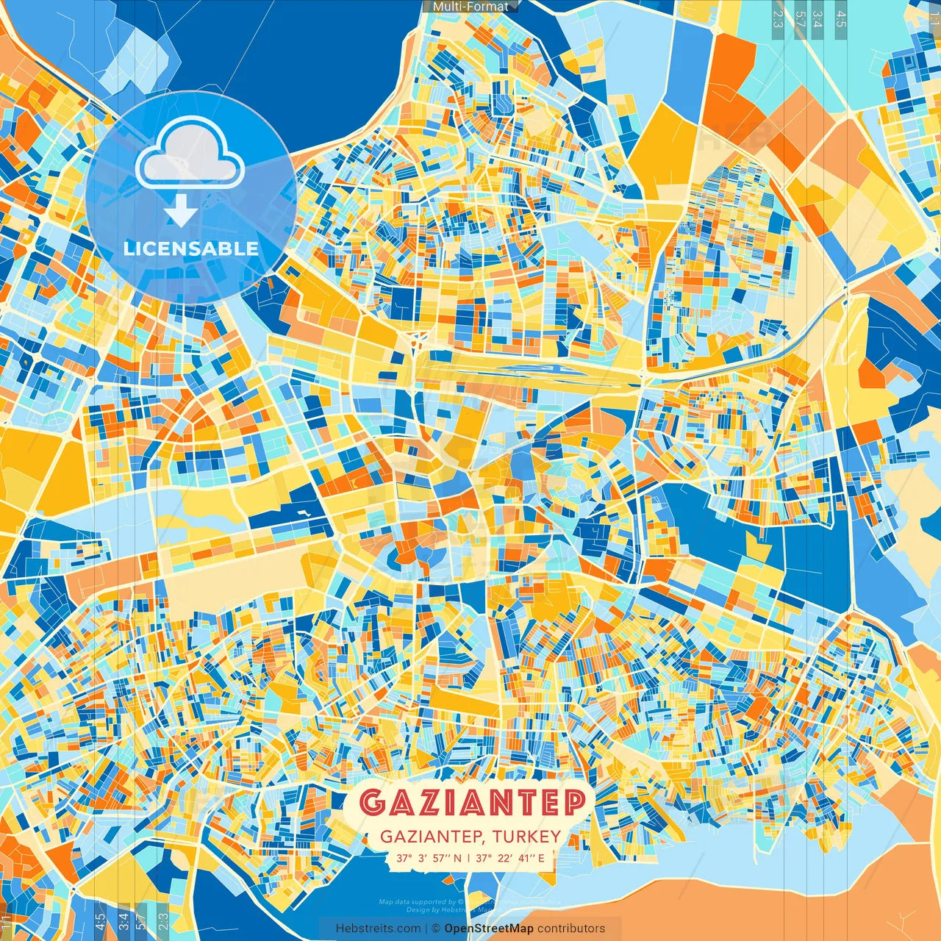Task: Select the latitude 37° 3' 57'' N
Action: [429, 858]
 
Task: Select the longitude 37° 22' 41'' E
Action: [510, 858]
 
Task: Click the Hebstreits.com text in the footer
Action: [379, 929]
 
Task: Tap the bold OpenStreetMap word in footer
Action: [489, 929]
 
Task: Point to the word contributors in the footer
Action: [571, 929]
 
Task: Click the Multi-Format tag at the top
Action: [470, 7]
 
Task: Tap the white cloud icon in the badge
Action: [190, 154]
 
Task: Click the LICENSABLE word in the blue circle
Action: [191, 248]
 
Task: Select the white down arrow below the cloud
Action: [181, 212]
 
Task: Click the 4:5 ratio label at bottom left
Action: [100, 922]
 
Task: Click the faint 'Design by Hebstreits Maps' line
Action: [441, 910]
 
